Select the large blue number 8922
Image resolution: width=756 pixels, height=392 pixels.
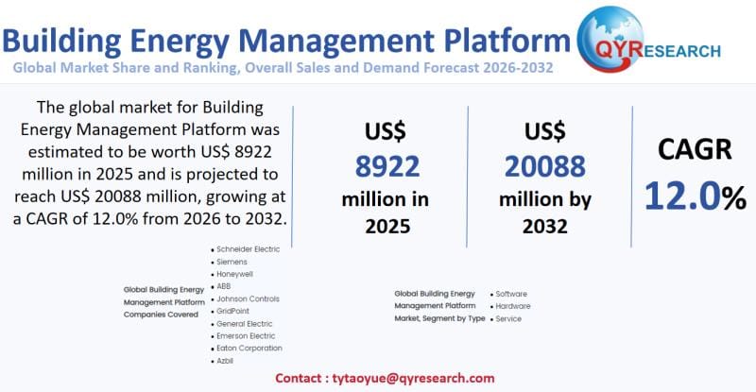click(x=387, y=166)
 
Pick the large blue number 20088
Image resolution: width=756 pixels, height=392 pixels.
click(x=545, y=166)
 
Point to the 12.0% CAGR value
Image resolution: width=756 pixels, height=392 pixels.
click(x=695, y=196)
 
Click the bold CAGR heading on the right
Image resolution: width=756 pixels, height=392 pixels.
click(x=695, y=149)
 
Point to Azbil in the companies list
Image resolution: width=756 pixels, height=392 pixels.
click(x=226, y=361)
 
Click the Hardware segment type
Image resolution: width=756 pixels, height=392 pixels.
click(x=513, y=306)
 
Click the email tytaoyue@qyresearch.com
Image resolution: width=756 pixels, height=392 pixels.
click(x=412, y=378)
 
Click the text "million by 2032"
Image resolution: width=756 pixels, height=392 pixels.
click(x=545, y=213)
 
